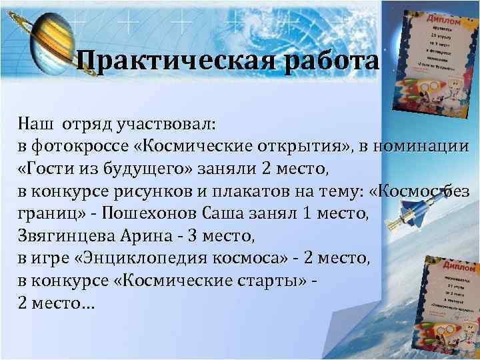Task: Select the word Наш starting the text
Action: (x=34, y=123)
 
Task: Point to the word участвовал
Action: (x=166, y=123)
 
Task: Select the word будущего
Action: (x=117, y=169)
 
